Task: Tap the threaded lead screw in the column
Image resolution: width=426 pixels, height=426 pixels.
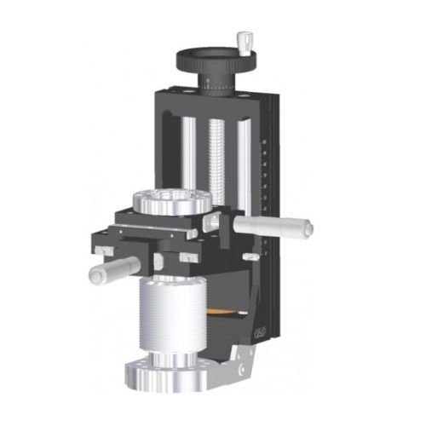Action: coord(215,153)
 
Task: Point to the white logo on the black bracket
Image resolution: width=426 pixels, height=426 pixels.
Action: coord(260,329)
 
